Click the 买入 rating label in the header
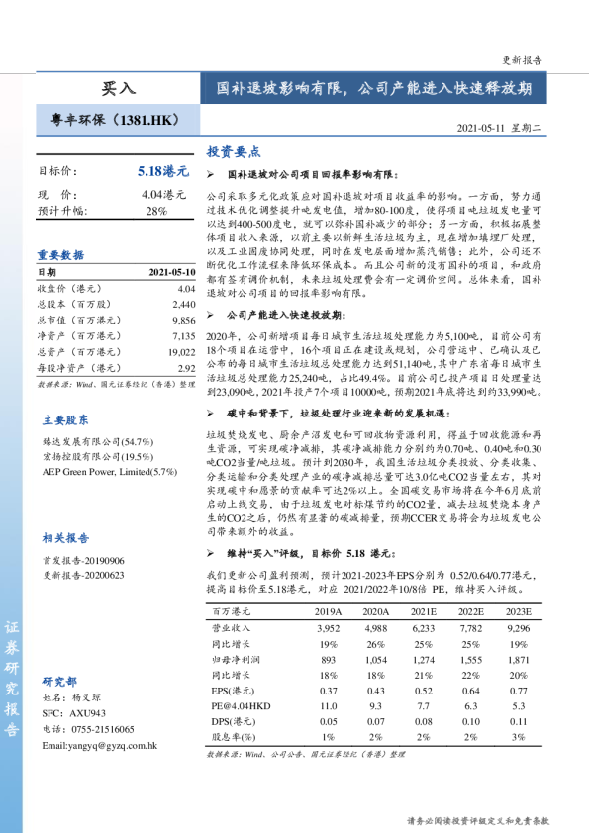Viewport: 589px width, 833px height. pyautogui.click(x=118, y=88)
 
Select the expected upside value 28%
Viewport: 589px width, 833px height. pyautogui.click(x=156, y=211)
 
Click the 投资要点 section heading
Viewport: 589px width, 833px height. pyautogui.click(x=234, y=152)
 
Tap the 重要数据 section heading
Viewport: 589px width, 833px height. pyautogui.click(x=60, y=254)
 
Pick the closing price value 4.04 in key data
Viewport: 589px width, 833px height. pyautogui.click(x=186, y=288)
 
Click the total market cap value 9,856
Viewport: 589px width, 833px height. pyautogui.click(x=184, y=320)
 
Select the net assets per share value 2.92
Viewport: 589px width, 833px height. pyautogui.click(x=186, y=367)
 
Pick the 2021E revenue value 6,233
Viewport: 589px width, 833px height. pyautogui.click(x=423, y=628)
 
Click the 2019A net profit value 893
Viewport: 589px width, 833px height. pyautogui.click(x=329, y=659)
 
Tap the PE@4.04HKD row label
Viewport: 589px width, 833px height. pyautogui.click(x=242, y=706)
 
